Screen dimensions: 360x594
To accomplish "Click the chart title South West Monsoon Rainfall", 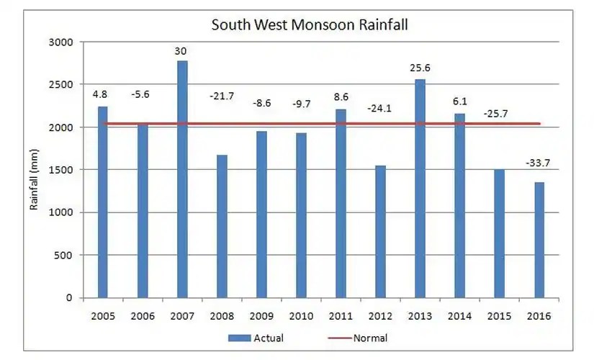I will (310, 25).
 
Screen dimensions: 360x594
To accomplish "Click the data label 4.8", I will (102, 93).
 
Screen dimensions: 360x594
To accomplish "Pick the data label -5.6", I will (143, 93).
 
